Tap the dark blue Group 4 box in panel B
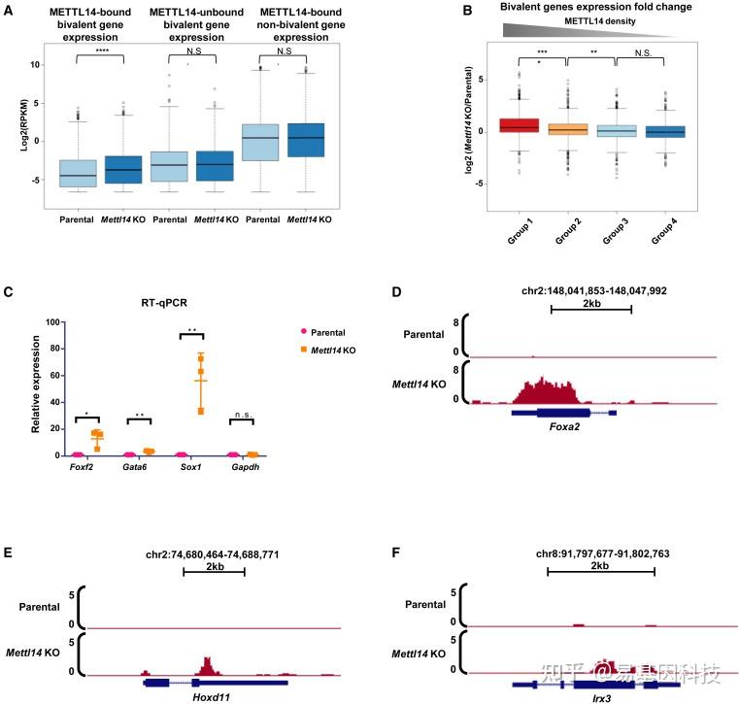click(x=666, y=131)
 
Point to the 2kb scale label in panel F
click(x=600, y=564)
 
